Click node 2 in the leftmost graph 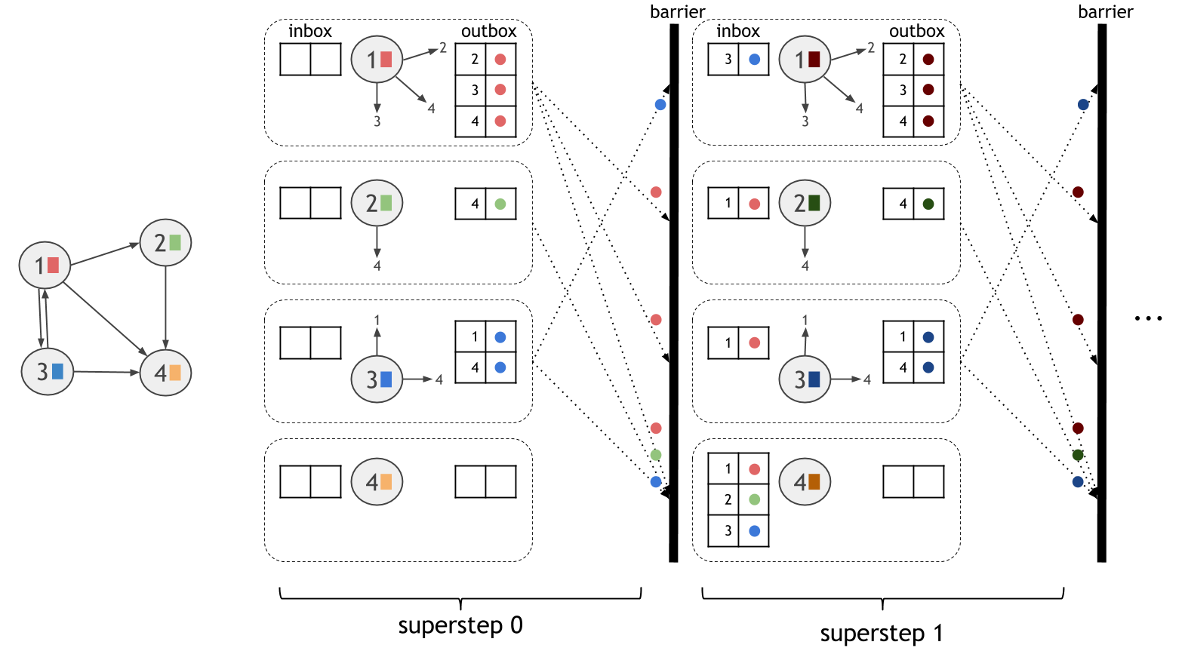[165, 243]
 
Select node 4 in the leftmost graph [165, 373]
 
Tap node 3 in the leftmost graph [48, 371]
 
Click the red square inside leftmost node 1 [53, 265]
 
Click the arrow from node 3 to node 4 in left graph [106, 372]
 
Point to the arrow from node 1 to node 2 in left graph [105, 254]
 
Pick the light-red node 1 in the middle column [377, 60]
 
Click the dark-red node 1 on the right [805, 60]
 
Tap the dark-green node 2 [805, 203]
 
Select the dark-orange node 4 [805, 482]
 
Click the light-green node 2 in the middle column [377, 203]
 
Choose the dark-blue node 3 [805, 379]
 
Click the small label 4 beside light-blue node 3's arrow [439, 379]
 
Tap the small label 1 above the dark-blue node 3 [805, 320]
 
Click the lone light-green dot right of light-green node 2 [500, 204]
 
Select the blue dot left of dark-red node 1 [754, 60]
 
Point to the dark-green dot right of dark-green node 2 [928, 204]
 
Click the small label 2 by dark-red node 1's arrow [871, 48]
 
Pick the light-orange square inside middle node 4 [386, 482]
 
